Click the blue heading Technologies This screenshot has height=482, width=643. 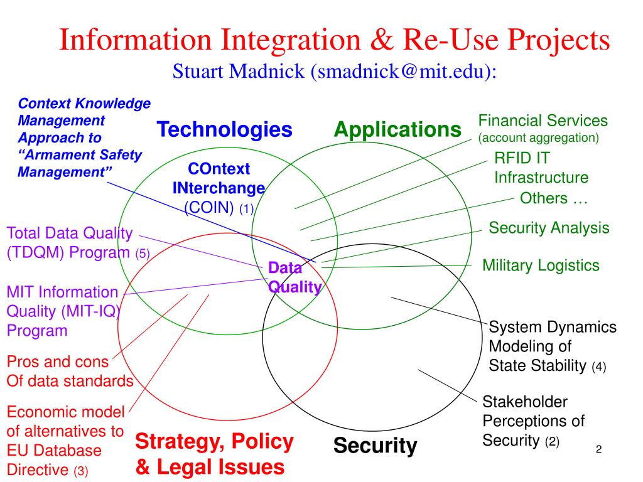224,130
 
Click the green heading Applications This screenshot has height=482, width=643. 397,130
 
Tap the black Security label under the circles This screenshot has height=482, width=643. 375,446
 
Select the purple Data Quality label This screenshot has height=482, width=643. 294,277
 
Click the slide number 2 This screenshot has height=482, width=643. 598,449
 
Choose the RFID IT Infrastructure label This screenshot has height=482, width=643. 541,168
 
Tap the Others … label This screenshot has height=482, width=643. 553,198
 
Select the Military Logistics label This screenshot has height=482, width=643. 541,265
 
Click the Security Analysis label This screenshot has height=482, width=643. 549,228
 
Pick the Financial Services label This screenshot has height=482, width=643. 543,120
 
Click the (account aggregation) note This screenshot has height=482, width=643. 538,137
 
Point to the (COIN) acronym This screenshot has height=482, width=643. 209,208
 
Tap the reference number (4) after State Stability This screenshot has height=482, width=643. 598,367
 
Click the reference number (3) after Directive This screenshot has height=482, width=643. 82,470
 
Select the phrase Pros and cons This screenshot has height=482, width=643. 58,362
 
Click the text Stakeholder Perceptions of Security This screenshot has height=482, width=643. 533,421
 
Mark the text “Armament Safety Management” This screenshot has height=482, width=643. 80,163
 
